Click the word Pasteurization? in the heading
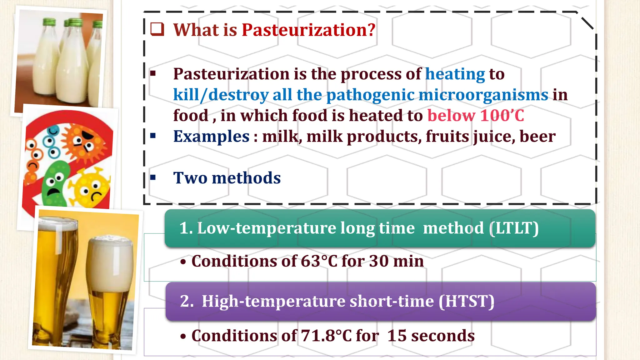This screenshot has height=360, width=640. click(x=308, y=30)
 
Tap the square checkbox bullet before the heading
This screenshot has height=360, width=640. click(x=157, y=29)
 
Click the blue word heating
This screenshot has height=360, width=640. click(x=455, y=74)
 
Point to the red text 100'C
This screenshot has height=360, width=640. click(x=502, y=116)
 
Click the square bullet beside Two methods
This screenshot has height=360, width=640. click(x=153, y=177)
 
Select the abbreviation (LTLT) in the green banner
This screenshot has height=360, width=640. click(x=514, y=228)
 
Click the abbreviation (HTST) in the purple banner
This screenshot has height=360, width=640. click(x=467, y=301)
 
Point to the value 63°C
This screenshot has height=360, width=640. click(x=319, y=261)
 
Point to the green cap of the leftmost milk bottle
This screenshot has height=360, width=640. click(x=49, y=22)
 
